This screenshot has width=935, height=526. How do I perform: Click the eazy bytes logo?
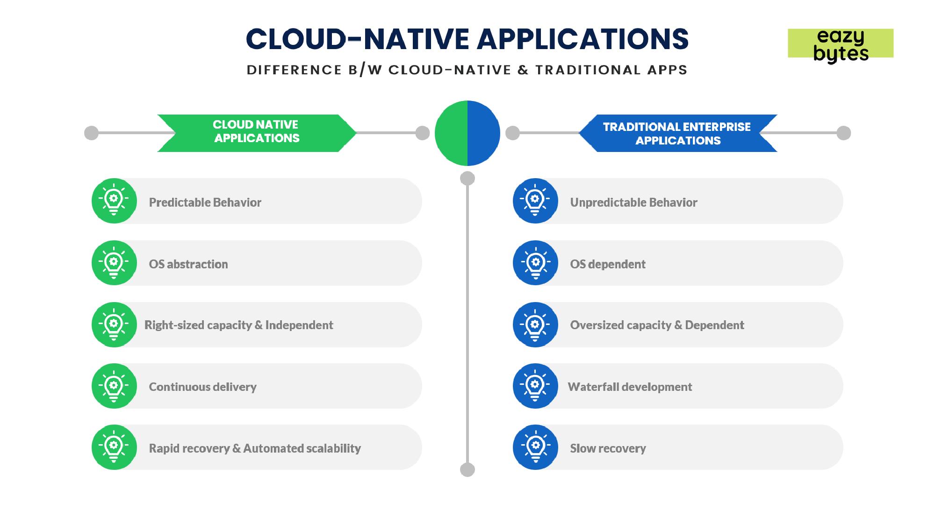[841, 44]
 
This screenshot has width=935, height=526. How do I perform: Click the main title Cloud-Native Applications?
[467, 39]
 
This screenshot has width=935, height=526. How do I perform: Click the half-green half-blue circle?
[467, 133]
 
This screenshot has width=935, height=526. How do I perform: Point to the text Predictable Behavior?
[205, 202]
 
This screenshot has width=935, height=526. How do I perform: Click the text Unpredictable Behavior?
[633, 202]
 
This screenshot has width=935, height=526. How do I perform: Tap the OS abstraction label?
[188, 264]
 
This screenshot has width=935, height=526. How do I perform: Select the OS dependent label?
[607, 264]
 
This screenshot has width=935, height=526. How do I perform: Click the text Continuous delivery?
[202, 387]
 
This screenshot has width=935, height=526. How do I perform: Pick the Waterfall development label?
[630, 387]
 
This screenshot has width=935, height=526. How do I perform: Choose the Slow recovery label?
[608, 448]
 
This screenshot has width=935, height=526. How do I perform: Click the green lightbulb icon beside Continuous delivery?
[114, 386]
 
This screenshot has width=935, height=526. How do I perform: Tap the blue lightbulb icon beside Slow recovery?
[535, 447]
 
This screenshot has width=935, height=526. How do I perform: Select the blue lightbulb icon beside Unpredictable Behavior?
[535, 201]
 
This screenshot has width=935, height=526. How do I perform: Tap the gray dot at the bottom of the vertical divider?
[467, 469]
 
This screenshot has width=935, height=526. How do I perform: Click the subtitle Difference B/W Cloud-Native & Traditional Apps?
[467, 70]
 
